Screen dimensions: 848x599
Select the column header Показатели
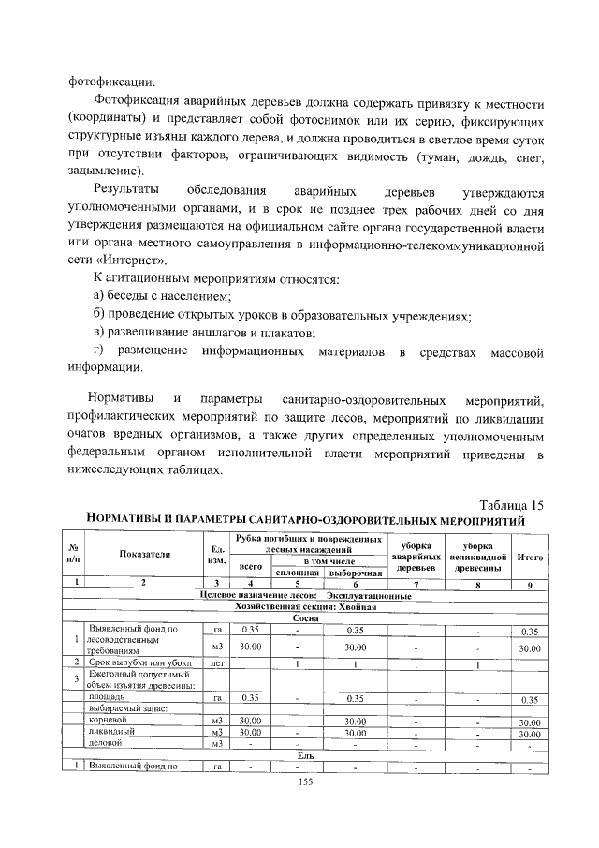tap(144, 553)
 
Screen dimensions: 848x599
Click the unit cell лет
tap(217, 663)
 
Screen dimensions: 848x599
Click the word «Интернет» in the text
tap(118, 260)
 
